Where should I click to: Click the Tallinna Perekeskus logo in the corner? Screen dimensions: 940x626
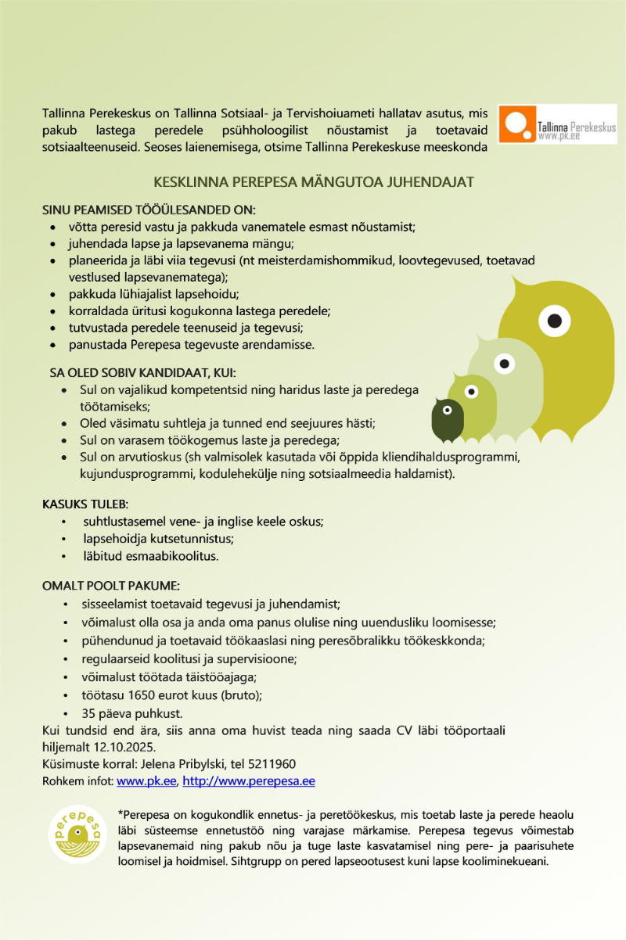tap(556, 125)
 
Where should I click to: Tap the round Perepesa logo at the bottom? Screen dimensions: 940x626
tap(77, 834)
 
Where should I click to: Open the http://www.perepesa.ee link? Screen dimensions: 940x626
tap(249, 780)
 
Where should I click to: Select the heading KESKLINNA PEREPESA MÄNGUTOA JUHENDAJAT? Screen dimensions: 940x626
tap(314, 183)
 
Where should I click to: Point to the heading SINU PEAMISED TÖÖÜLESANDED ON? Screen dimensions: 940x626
tap(149, 210)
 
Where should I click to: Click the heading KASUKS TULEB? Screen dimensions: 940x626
tap(85, 504)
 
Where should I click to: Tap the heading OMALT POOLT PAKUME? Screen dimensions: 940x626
tap(111, 586)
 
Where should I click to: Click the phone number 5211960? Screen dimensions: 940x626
tap(274, 763)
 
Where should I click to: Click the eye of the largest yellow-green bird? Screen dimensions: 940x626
tap(554, 320)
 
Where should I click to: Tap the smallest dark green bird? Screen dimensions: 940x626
tap(448, 421)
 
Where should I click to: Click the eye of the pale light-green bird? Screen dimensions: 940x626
tap(505, 364)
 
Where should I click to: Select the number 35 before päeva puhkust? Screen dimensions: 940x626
tap(89, 713)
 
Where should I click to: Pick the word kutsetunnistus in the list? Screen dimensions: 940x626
tap(191, 539)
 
